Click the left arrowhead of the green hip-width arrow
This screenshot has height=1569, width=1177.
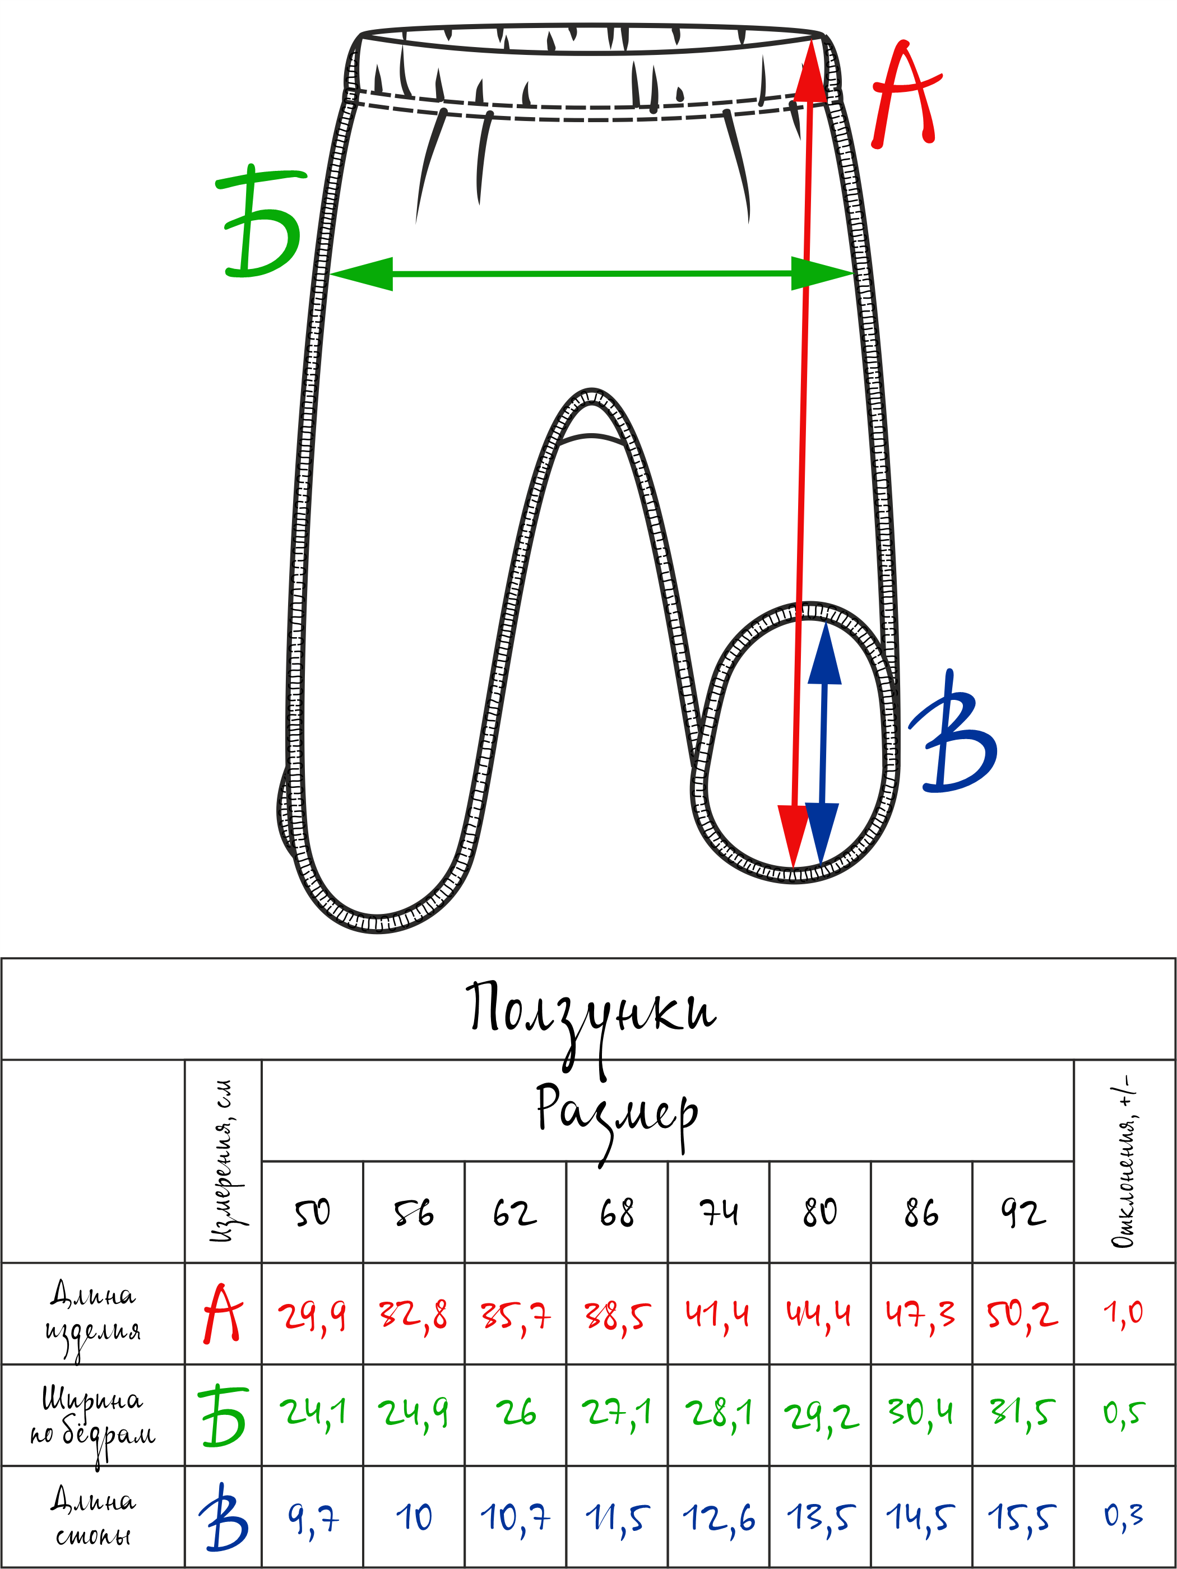click(362, 274)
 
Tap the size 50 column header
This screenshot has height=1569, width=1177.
click(312, 1214)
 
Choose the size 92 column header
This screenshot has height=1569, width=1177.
click(1022, 1214)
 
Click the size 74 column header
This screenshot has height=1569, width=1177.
click(718, 1214)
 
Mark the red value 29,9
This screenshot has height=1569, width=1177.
click(312, 1316)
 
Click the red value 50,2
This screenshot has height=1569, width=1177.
click(1022, 1316)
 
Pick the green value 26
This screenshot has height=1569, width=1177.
click(516, 1412)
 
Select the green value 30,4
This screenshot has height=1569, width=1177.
click(921, 1412)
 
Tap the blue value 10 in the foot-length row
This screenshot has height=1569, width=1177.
click(414, 1517)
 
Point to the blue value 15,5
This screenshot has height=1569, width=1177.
click(1022, 1517)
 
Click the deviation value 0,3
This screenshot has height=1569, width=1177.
click(1124, 1516)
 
